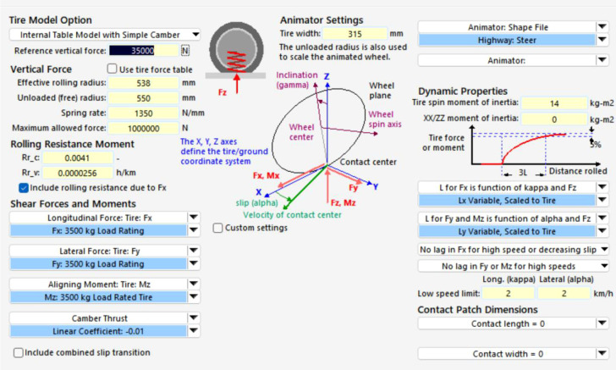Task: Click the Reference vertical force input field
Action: [x=143, y=50]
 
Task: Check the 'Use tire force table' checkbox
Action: [x=112, y=69]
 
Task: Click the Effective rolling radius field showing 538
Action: [x=143, y=83]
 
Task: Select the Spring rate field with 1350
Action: [x=143, y=113]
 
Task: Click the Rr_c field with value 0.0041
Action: [x=77, y=157]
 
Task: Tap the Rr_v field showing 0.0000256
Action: [x=77, y=173]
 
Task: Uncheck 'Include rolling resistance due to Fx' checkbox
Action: [x=24, y=188]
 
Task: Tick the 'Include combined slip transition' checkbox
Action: [x=18, y=352]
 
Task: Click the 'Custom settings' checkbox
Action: [x=217, y=228]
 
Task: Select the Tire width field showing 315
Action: [x=355, y=34]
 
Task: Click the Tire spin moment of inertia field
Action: [x=554, y=103]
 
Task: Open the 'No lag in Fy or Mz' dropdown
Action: [x=513, y=266]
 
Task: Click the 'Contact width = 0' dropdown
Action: [x=513, y=354]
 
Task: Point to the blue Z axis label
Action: [x=327, y=76]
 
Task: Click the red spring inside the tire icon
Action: [x=237, y=61]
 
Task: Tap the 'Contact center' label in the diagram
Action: [x=368, y=162]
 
